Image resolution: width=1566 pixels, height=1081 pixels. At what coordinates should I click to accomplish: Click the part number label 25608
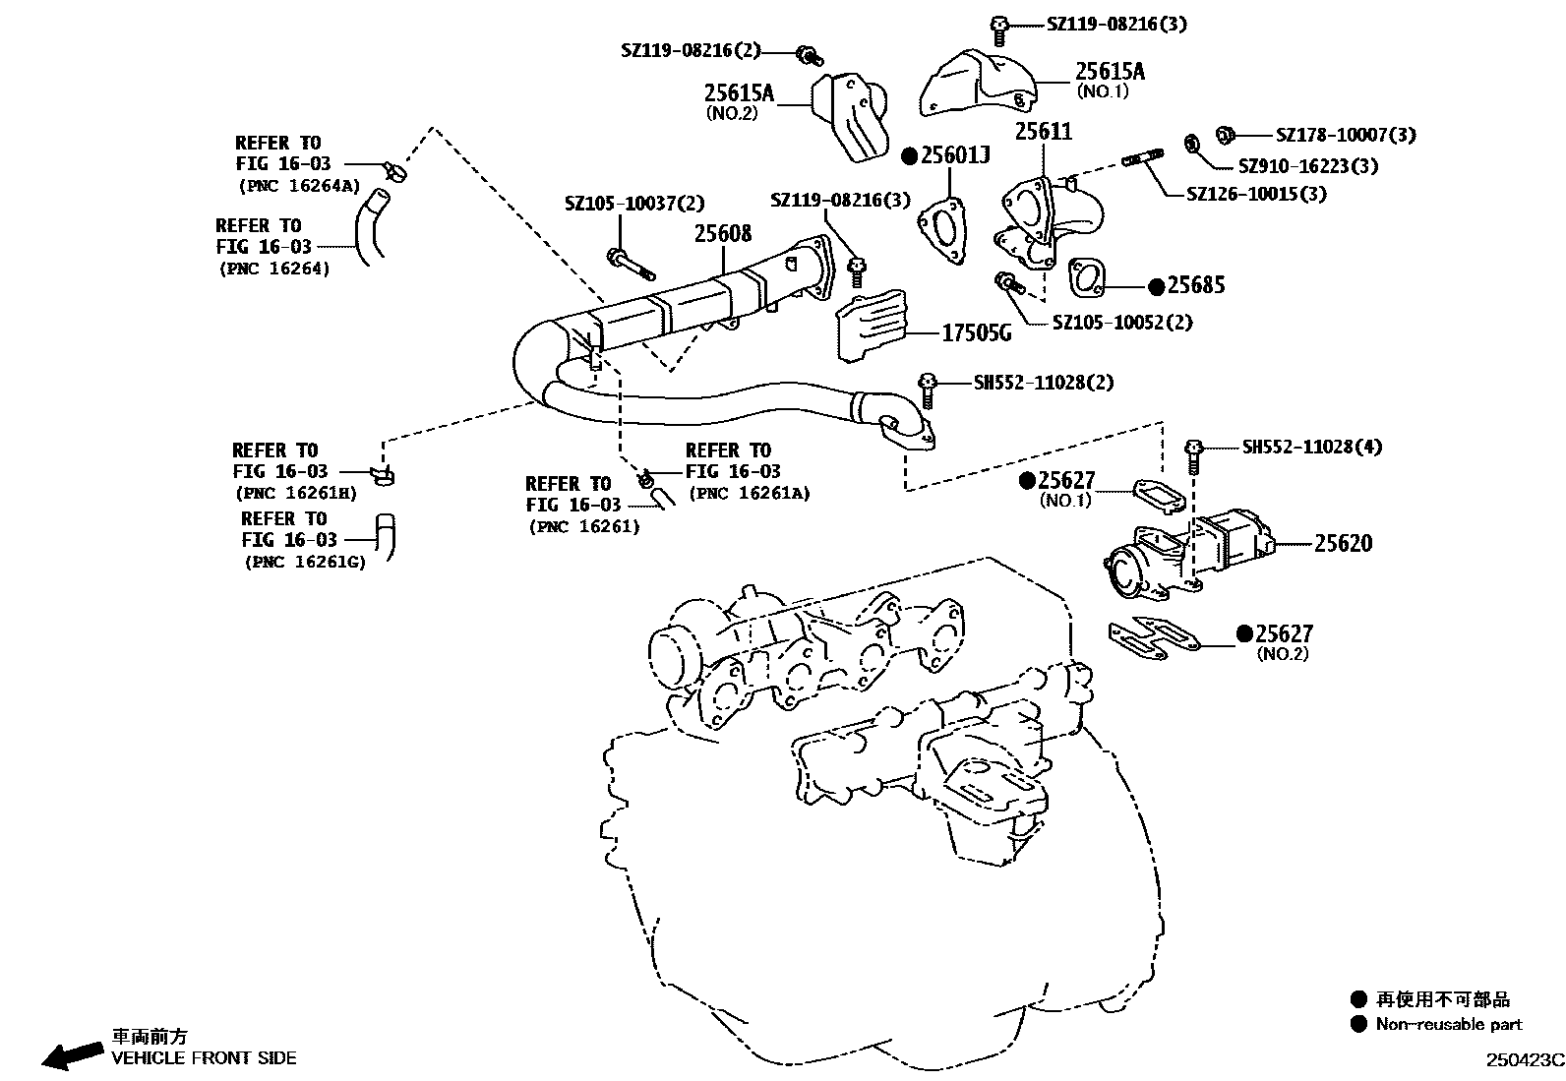tap(723, 233)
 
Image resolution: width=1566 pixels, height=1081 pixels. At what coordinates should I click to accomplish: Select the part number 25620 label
tap(1343, 543)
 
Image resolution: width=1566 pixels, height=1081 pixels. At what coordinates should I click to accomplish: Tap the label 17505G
tap(976, 333)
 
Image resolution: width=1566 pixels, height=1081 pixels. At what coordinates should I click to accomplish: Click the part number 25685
tap(1196, 285)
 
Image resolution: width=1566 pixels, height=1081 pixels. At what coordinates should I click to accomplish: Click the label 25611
tap(1044, 131)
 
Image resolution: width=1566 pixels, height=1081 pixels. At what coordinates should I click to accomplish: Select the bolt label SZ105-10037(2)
tap(634, 204)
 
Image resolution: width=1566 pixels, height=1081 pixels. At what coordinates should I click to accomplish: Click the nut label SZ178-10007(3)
tap(1346, 135)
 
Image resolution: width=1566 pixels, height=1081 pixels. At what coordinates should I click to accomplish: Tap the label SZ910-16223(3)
tap(1307, 165)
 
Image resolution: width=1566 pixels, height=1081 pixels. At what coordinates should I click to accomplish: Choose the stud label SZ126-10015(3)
tap(1256, 194)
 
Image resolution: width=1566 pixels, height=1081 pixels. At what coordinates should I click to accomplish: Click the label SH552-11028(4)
tap(1311, 447)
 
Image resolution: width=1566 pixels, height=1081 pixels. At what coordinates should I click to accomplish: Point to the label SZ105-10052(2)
tap(1122, 322)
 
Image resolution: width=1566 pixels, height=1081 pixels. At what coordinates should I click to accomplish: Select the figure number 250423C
tap(1524, 1059)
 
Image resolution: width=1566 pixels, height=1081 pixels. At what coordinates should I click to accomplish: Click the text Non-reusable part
tap(1448, 1024)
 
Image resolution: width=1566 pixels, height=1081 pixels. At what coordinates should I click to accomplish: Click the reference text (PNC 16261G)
tap(305, 563)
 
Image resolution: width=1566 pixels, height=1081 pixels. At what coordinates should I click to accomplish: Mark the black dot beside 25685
tap(1156, 285)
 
